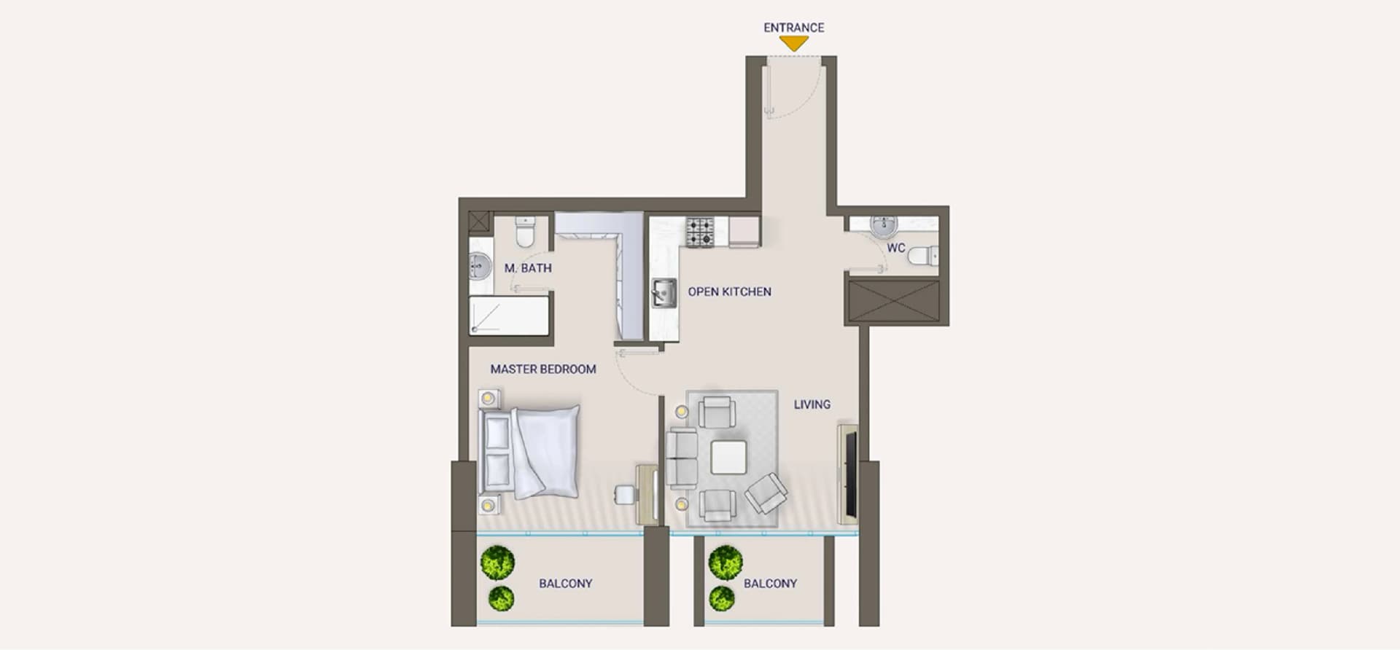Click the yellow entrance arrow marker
tap(793, 44)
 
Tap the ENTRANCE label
tap(793, 28)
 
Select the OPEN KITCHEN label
tap(729, 291)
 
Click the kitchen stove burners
tap(700, 232)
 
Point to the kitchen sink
tap(664, 294)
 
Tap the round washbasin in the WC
tap(884, 226)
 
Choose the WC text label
tap(895, 248)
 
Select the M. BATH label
tap(528, 268)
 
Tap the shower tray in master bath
tap(509, 316)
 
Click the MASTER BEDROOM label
tap(543, 369)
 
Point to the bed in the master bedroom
tap(529, 452)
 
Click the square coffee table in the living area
tap(728, 458)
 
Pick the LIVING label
tap(812, 404)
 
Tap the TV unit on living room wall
tap(848, 474)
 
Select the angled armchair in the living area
tap(766, 493)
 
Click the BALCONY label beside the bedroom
tap(565, 584)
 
